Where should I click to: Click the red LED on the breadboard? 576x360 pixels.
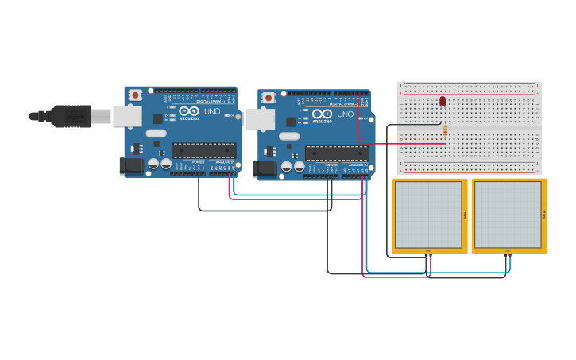(x=443, y=101)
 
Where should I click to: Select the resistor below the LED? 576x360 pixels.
(x=445, y=130)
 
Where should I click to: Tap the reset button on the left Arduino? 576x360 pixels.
(x=136, y=95)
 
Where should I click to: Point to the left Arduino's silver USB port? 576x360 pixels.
(x=126, y=116)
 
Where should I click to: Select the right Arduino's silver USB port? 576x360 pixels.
(x=259, y=118)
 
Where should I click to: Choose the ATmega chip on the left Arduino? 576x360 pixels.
(x=204, y=150)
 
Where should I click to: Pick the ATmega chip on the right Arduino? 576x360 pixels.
(x=337, y=153)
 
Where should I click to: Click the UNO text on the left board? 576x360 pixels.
(x=212, y=111)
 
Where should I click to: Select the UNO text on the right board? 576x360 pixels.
(x=346, y=114)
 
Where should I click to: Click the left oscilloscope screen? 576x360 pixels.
(x=428, y=215)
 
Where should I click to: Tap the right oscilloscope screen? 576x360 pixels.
(x=508, y=215)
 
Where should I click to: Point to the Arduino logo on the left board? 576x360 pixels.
(x=187, y=112)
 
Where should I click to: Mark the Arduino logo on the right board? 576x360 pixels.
(x=321, y=115)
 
